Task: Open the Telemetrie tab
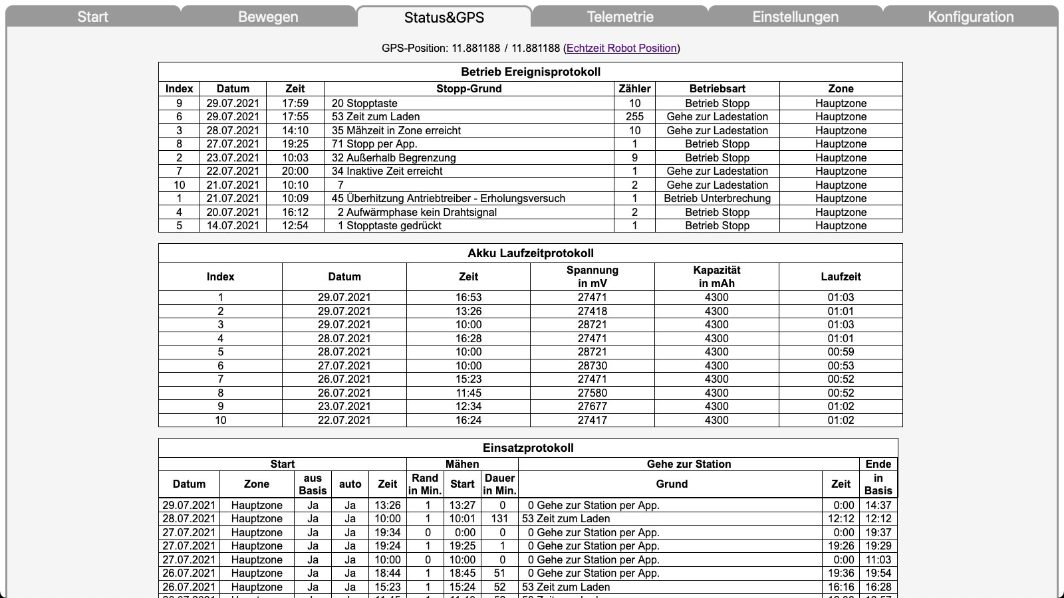coord(620,17)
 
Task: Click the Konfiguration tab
coord(970,17)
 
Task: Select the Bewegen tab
coord(268,17)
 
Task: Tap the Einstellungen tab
coord(795,17)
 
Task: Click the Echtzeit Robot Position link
coord(622,48)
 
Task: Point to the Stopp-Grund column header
coord(469,88)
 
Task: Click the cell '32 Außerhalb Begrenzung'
coord(394,157)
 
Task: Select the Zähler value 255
coord(634,116)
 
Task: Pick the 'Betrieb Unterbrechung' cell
coord(717,198)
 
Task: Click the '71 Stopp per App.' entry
coord(374,144)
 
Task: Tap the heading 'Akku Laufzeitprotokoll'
coord(530,253)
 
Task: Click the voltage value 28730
coord(592,365)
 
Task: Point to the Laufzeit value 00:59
coord(841,351)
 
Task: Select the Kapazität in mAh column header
coord(716,276)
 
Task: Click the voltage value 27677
coord(592,406)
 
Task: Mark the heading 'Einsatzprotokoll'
coord(528,448)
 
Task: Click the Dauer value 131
coord(499,518)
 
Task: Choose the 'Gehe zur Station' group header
coord(688,464)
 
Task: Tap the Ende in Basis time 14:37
coord(878,505)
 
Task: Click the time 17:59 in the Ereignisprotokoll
coord(295,103)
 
